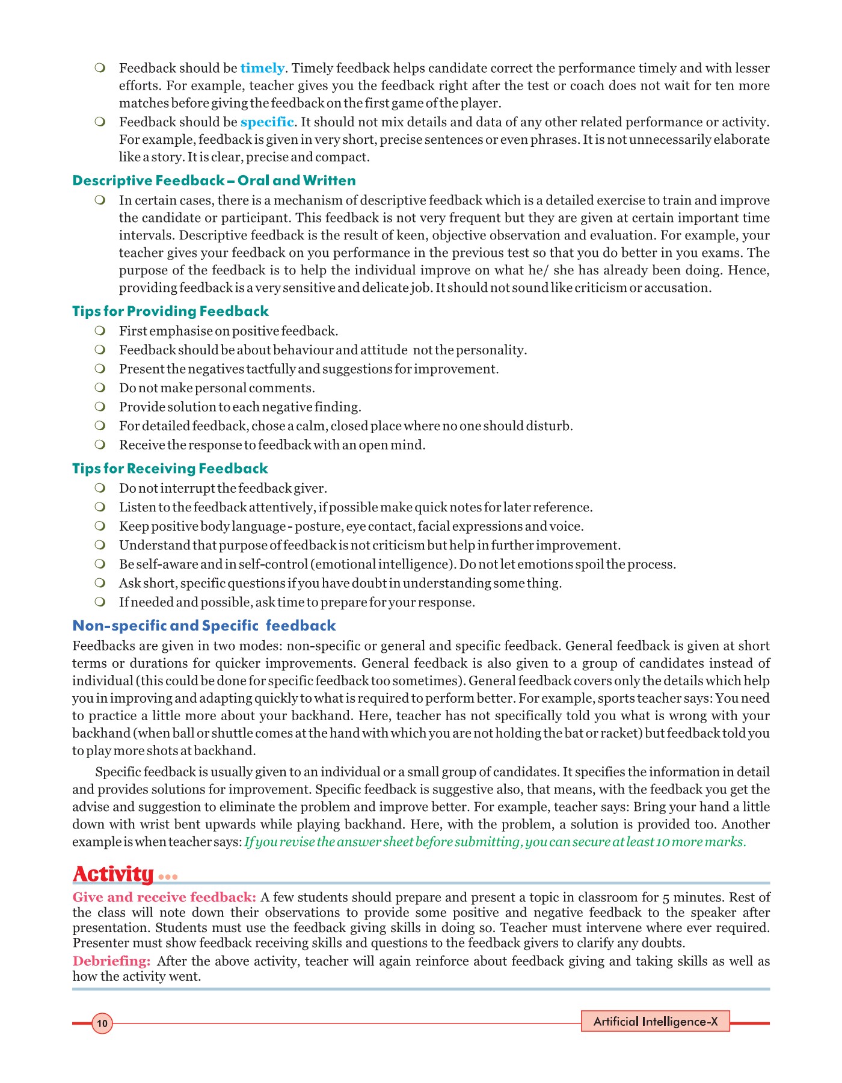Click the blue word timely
pyautogui.click(x=262, y=69)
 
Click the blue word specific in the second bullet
pyautogui.click(x=267, y=122)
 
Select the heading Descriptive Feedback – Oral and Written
pyautogui.click(x=214, y=180)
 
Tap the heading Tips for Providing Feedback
pyautogui.click(x=170, y=311)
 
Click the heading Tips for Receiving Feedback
pyautogui.click(x=170, y=468)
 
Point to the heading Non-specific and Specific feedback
pyautogui.click(x=204, y=626)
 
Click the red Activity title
pyautogui.click(x=114, y=874)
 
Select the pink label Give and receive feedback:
pyautogui.click(x=164, y=897)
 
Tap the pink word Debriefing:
pyautogui.click(x=111, y=961)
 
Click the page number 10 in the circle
pyautogui.click(x=102, y=1023)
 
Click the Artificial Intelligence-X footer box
pyautogui.click(x=655, y=1021)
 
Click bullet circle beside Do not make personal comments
pyautogui.click(x=100, y=387)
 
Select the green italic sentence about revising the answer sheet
pyautogui.click(x=495, y=842)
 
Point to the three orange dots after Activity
pyautogui.click(x=168, y=877)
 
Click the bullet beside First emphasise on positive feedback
pyautogui.click(x=100, y=330)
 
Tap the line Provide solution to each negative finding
pyautogui.click(x=240, y=407)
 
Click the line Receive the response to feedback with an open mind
pyautogui.click(x=272, y=445)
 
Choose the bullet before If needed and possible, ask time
pyautogui.click(x=100, y=602)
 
